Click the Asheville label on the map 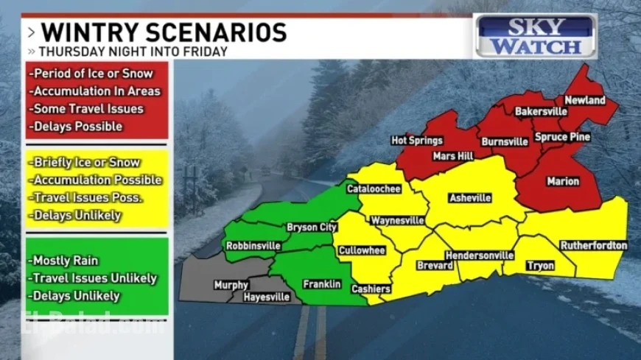pos(471,198)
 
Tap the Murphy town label pos(231,285)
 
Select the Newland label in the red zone pos(584,100)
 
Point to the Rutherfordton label pos(593,245)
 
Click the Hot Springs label pos(417,140)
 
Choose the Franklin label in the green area pos(322,283)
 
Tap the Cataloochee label pos(374,189)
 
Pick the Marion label pos(563,181)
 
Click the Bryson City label pos(312,227)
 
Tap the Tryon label pos(539,266)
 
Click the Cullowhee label pos(362,250)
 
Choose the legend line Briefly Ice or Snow pos(85,162)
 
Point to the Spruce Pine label pos(562,137)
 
